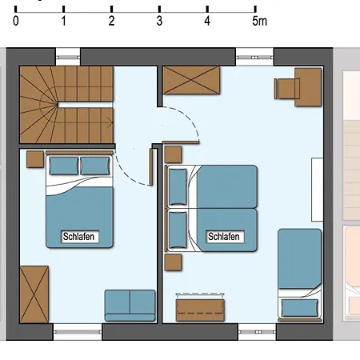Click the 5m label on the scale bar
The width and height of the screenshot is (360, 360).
point(259,21)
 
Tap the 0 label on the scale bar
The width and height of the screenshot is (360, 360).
point(16,21)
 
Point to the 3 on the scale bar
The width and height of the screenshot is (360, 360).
point(159,21)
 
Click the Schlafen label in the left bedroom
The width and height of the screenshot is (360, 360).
point(78,237)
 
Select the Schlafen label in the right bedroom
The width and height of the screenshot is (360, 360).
point(224,237)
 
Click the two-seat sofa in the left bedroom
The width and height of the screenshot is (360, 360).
point(130,306)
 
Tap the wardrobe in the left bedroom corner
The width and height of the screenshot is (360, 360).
point(34,294)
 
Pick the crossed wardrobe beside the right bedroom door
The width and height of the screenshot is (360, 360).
point(191,80)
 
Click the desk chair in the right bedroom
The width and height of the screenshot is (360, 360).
point(286,89)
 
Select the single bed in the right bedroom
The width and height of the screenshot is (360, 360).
point(299,273)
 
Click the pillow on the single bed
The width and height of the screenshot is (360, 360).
point(300,308)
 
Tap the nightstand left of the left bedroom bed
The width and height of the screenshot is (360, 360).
point(35,159)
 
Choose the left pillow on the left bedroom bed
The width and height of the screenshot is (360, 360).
point(64,166)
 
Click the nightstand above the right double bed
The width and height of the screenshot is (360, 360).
point(173,154)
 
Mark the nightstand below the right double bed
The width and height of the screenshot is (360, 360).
point(173,262)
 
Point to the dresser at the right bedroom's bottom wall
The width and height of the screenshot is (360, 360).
point(200,310)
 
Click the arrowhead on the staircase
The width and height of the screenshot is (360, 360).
point(110,123)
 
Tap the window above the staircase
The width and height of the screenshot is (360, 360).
point(68,58)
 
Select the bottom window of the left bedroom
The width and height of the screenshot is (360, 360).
point(78,332)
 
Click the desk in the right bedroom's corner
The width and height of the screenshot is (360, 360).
point(308,87)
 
